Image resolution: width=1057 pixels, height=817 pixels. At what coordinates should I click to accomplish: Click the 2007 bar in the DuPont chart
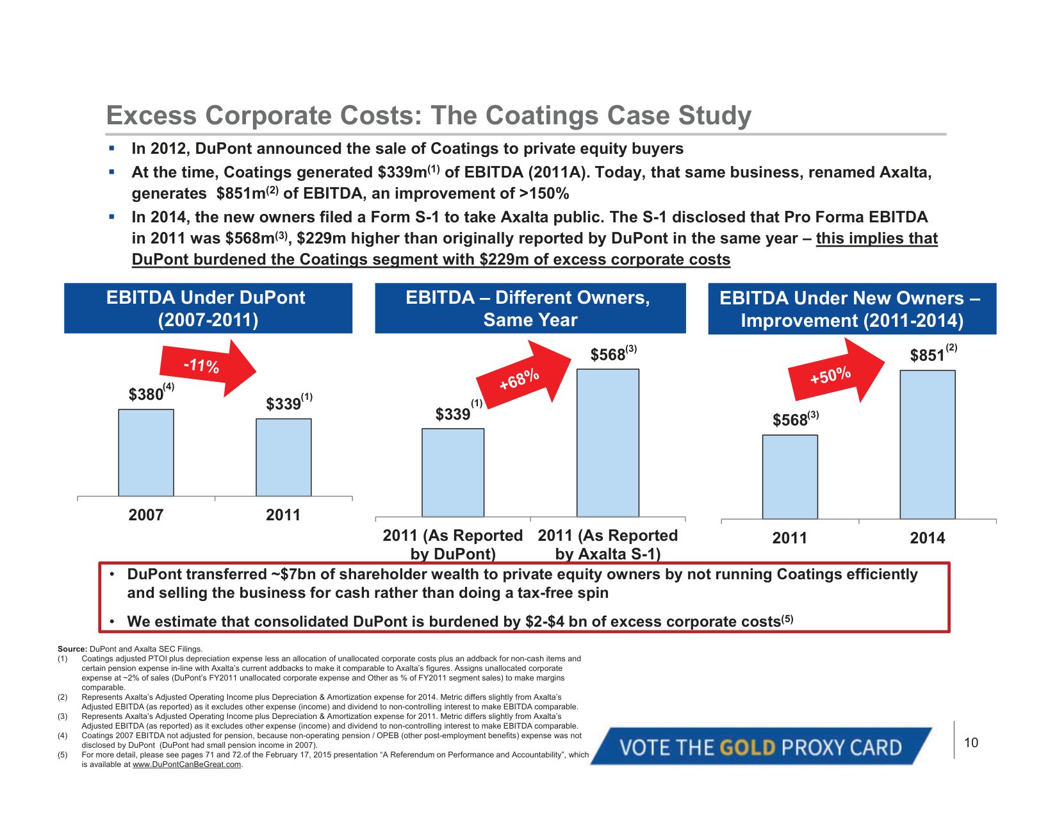pyautogui.click(x=146, y=452)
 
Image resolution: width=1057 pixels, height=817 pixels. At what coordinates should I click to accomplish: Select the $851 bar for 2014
pyautogui.click(x=927, y=444)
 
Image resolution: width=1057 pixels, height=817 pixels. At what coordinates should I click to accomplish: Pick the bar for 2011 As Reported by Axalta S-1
pyautogui.click(x=607, y=443)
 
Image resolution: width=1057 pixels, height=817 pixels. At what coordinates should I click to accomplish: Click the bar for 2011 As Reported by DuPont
pyautogui.click(x=452, y=472)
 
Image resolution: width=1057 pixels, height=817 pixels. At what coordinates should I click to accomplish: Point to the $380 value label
pyautogui.click(x=147, y=394)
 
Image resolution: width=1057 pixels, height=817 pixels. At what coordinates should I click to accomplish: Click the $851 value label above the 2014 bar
pyautogui.click(x=928, y=355)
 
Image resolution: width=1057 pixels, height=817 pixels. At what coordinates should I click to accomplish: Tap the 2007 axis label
pyautogui.click(x=146, y=515)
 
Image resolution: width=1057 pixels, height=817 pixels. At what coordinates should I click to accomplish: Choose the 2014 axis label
pyautogui.click(x=927, y=538)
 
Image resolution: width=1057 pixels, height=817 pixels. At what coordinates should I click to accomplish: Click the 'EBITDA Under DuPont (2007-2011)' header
pyautogui.click(x=208, y=308)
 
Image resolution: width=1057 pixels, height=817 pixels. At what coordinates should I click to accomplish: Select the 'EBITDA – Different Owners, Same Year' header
pyautogui.click(x=530, y=308)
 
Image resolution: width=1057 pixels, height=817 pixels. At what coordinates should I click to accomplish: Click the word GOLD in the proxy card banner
pyautogui.click(x=748, y=747)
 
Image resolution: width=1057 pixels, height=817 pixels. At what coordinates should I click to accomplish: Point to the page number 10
pyautogui.click(x=971, y=743)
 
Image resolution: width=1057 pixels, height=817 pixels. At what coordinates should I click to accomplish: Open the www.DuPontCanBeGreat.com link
pyautogui.click(x=186, y=764)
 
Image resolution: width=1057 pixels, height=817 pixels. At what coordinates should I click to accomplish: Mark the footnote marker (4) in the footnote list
pyautogui.click(x=63, y=736)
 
